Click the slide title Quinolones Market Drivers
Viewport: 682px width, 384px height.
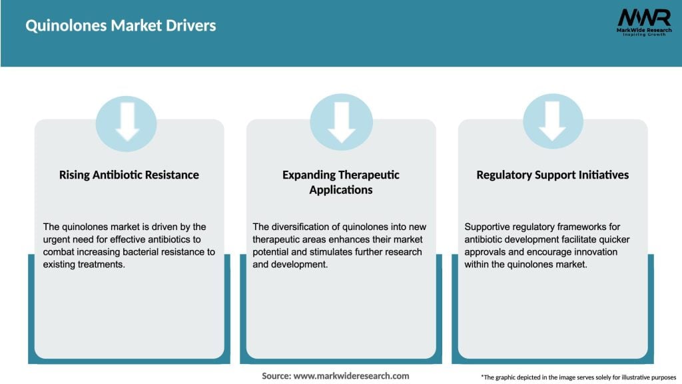click(121, 26)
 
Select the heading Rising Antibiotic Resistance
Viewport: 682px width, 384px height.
click(129, 175)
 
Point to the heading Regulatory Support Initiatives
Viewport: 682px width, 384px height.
click(553, 175)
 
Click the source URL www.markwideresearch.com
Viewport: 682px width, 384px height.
click(351, 376)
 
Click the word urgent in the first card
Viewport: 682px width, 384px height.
click(57, 239)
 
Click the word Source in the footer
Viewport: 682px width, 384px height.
click(275, 376)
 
